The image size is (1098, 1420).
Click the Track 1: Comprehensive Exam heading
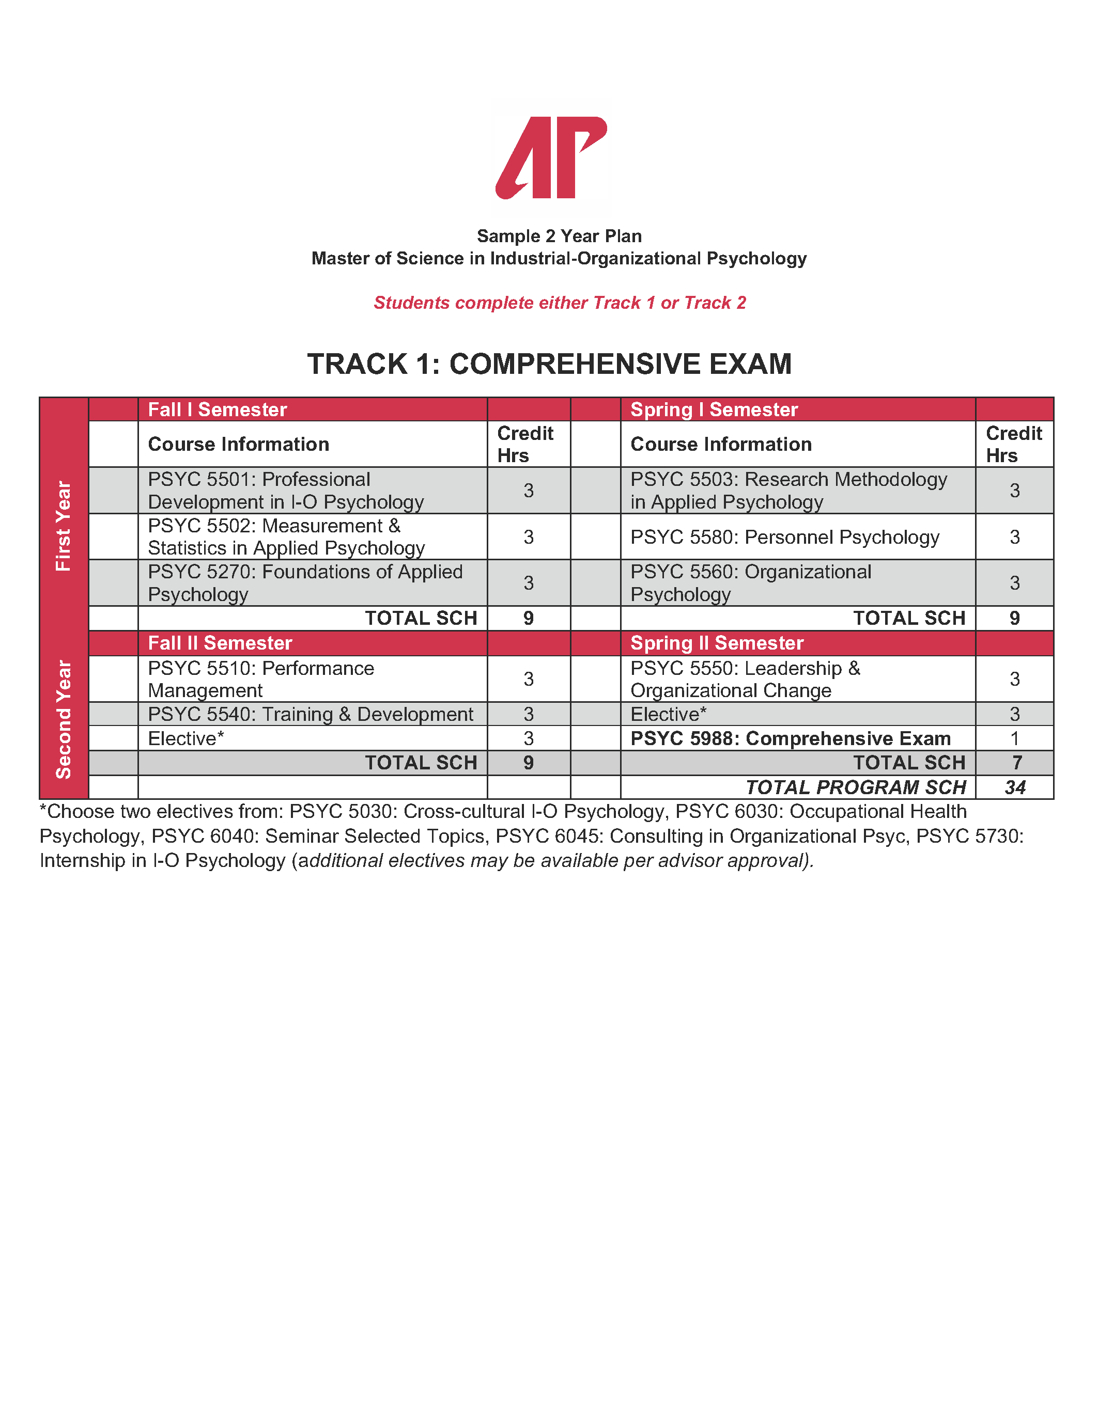coord(549,364)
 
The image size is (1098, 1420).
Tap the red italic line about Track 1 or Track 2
coord(560,303)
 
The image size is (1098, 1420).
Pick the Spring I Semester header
coord(714,409)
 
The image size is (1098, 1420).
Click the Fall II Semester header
coord(220,643)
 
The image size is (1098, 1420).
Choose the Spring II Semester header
coord(717,643)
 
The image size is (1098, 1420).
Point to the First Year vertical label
coord(63,525)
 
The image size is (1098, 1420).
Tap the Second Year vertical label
coord(63,719)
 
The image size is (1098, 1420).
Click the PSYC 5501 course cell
coord(286,490)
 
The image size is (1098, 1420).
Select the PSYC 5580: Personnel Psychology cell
coord(784,537)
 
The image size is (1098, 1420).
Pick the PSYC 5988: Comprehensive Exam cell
coord(791,738)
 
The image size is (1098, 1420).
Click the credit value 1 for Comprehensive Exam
coord(1014,738)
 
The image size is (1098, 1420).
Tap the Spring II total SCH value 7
coord(1016,763)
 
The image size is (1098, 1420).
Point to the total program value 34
coord(1015,787)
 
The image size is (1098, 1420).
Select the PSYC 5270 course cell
coord(305,582)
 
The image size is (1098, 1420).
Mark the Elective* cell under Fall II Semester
coord(186,738)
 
